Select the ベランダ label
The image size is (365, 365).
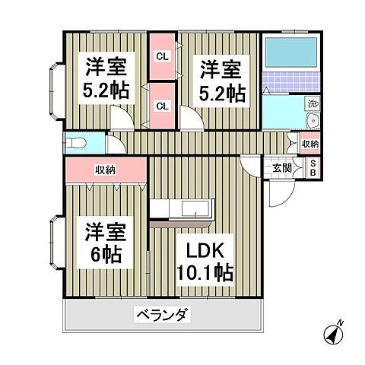coord(163,314)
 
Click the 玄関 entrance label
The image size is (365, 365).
coord(282,168)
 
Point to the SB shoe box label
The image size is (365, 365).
coord(310,169)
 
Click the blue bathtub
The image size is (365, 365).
coord(293,54)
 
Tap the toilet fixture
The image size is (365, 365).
coord(78,143)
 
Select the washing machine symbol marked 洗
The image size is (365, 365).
coord(312,103)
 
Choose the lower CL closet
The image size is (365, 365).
coord(162,105)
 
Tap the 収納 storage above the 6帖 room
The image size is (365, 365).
coord(106,170)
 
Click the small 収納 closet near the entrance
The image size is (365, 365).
coord(310,144)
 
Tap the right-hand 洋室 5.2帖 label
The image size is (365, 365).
coord(221,81)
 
